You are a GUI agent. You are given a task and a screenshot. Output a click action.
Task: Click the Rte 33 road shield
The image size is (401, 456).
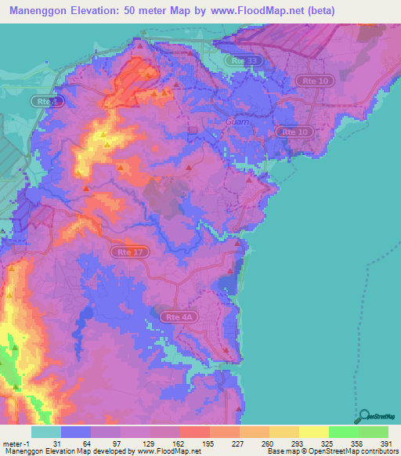pyautogui.click(x=244, y=60)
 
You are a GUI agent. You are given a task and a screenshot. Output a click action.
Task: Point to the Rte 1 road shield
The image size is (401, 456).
pyautogui.click(x=46, y=102)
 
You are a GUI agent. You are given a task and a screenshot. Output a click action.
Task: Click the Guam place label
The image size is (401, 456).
pyautogui.click(x=237, y=121)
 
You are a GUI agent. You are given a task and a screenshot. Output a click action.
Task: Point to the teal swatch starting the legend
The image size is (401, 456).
pyautogui.click(x=45, y=432)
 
